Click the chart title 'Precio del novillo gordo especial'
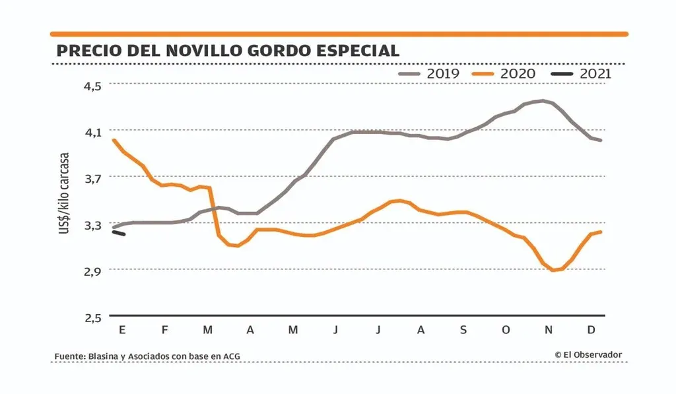click(x=228, y=51)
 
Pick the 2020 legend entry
click(x=505, y=73)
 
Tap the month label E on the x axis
click(x=122, y=330)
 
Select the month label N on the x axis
click(x=548, y=330)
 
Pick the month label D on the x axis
click(x=591, y=330)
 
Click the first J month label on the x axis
click(x=336, y=330)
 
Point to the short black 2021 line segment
click(x=119, y=232)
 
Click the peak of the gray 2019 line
click(x=543, y=101)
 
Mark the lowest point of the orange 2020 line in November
click(x=555, y=270)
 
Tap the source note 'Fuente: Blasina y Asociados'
click(x=147, y=356)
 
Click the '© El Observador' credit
click(x=588, y=354)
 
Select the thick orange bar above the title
click(x=339, y=34)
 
